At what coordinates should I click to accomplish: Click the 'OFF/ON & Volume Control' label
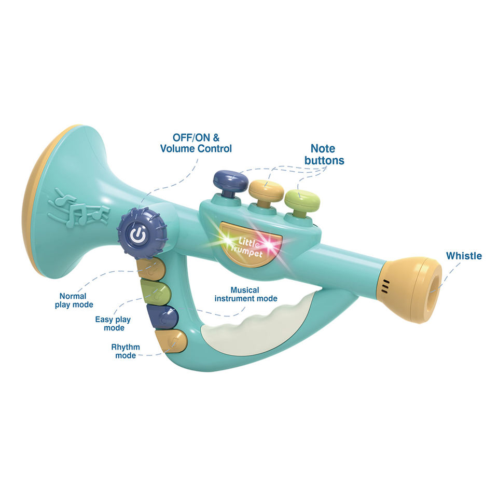click(196, 143)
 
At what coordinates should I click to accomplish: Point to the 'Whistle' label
click(464, 256)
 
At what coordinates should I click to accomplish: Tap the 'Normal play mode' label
click(74, 300)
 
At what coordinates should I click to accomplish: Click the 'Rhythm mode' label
click(126, 351)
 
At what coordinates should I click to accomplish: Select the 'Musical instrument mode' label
click(246, 294)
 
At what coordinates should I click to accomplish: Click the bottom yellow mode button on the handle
click(173, 342)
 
